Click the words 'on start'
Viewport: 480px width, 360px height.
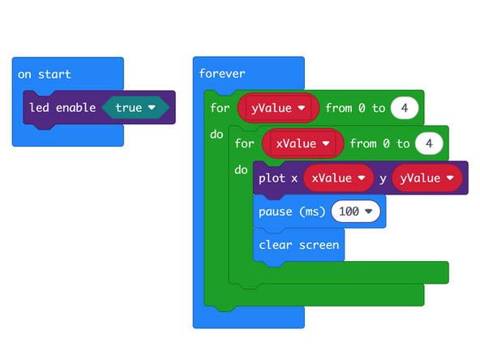pos(45,75)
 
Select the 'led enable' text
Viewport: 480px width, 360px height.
pos(62,108)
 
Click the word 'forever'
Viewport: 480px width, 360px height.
pos(223,74)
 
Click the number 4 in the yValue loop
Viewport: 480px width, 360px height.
pos(403,108)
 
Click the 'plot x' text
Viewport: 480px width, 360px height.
pos(278,178)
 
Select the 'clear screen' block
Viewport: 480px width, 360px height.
pos(298,245)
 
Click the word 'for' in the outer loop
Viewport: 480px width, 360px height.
pos(220,108)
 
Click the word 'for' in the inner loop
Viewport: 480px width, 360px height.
pos(244,144)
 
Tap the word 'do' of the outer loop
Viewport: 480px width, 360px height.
pos(216,134)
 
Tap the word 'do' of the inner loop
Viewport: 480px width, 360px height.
pos(241,170)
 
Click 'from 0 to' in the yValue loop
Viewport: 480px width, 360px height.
pos(354,108)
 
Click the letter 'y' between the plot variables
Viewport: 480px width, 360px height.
pos(383,178)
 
